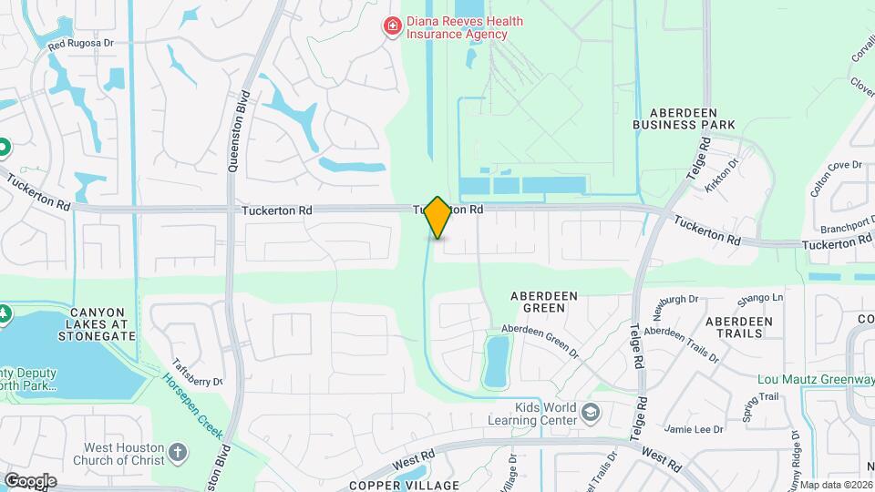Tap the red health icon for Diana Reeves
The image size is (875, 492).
click(x=393, y=26)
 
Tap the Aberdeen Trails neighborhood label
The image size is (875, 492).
click(x=739, y=327)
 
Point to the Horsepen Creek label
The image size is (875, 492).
click(x=193, y=392)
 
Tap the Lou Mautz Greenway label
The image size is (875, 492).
click(x=816, y=379)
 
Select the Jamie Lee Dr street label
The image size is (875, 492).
click(x=694, y=429)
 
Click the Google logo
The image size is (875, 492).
click(x=30, y=480)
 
